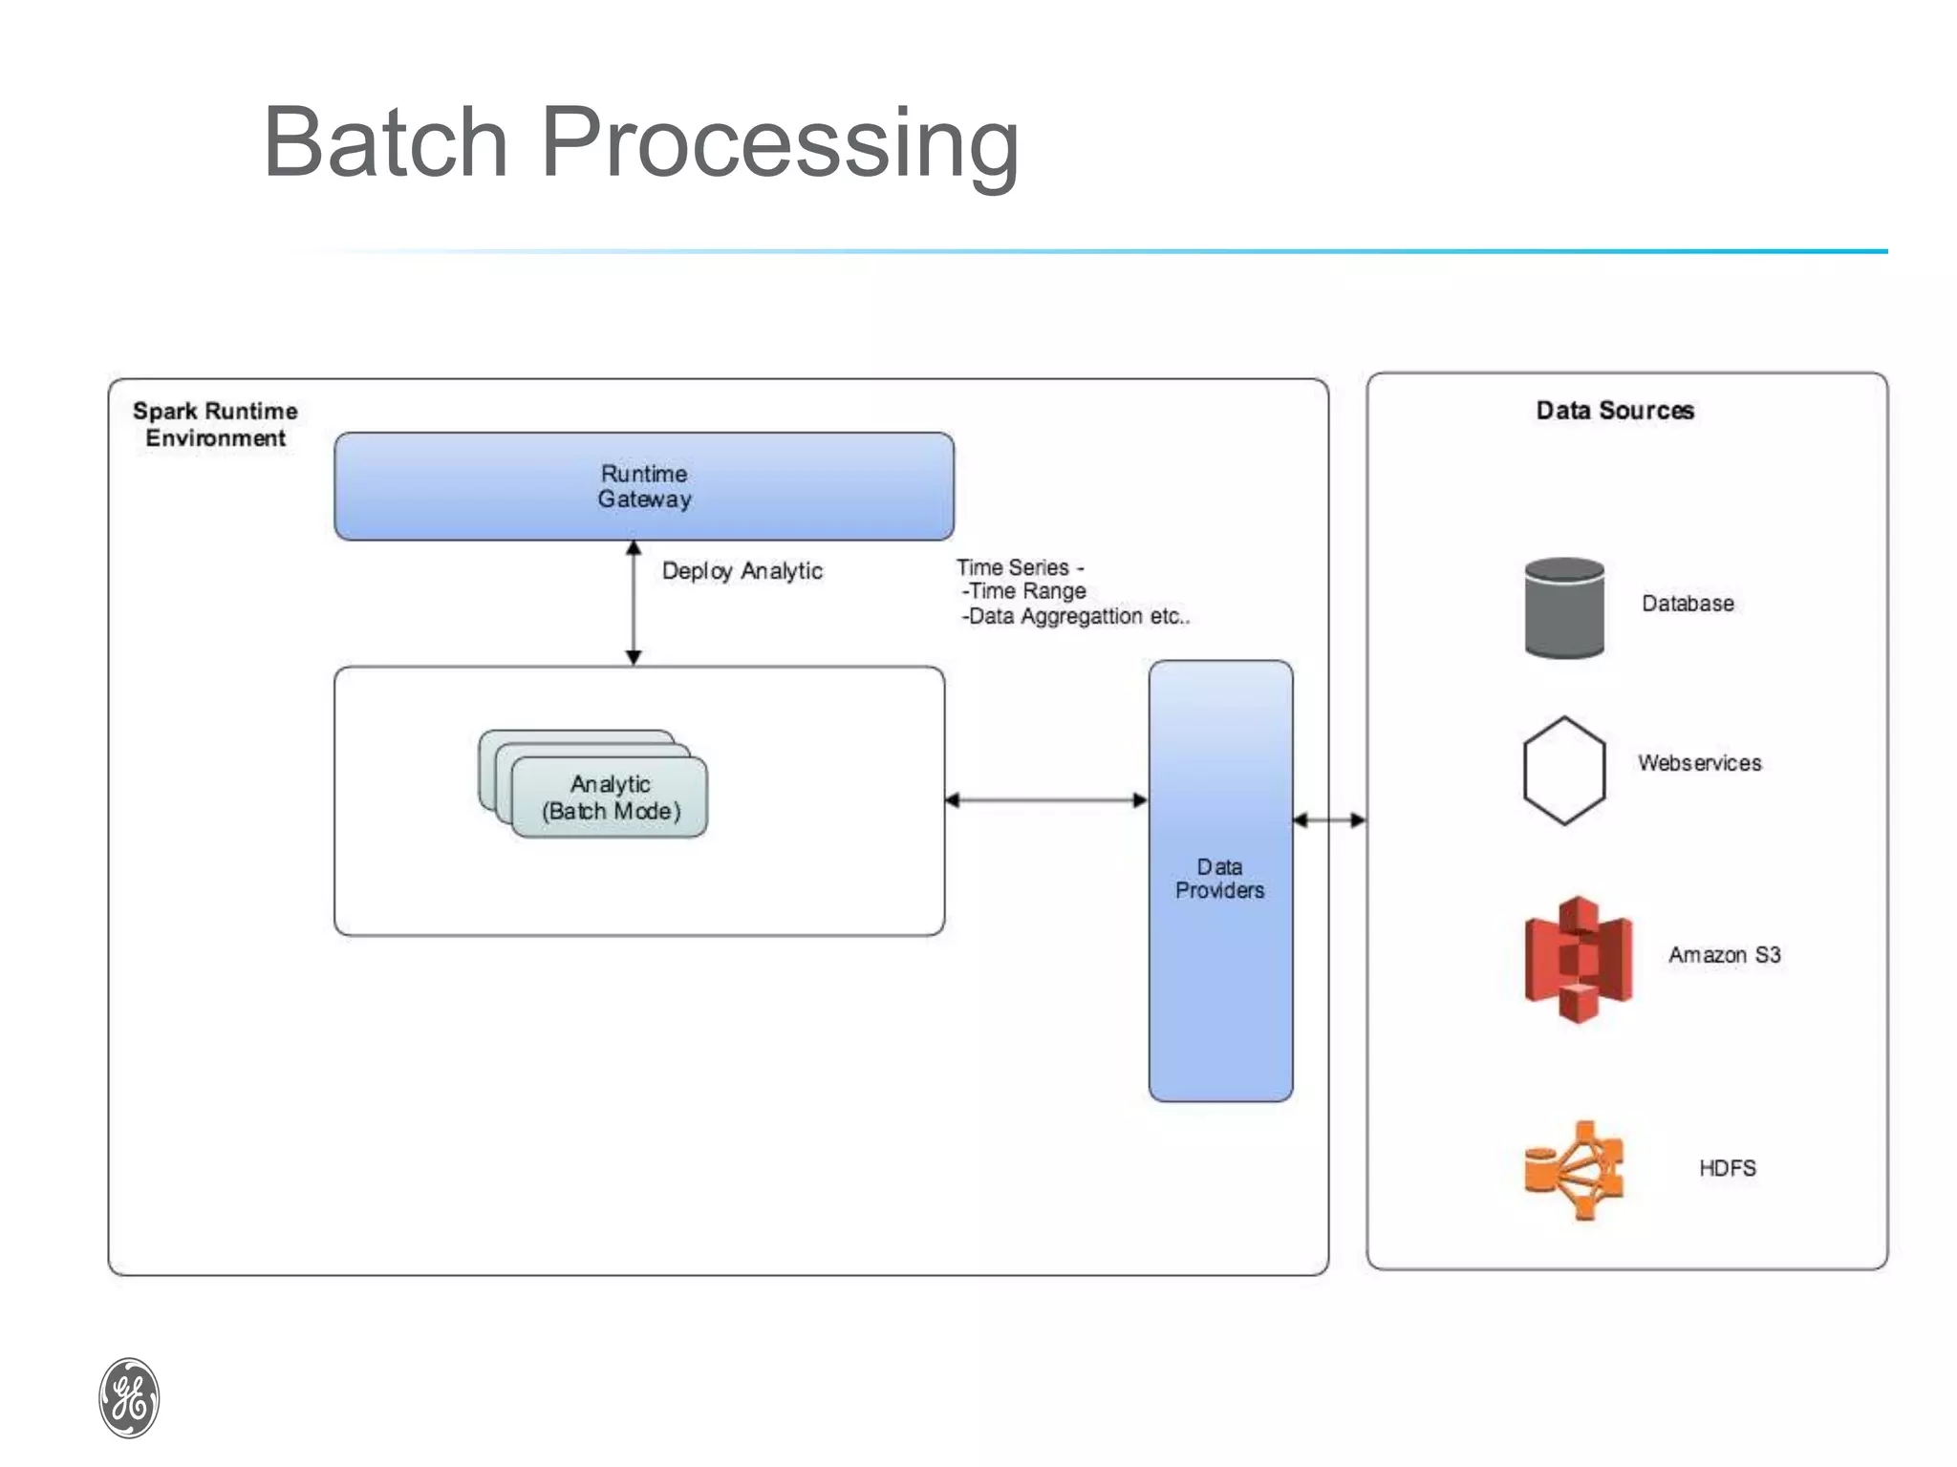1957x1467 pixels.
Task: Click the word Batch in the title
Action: (385, 143)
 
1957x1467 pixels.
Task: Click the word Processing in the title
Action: (780, 143)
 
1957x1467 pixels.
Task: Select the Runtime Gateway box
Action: (643, 486)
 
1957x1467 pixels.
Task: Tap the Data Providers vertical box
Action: (1220, 879)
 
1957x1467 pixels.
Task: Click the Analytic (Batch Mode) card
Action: (611, 797)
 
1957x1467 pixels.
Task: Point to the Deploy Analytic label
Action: (742, 571)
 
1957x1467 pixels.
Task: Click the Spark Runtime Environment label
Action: (215, 424)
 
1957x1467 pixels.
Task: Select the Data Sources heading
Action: (1615, 411)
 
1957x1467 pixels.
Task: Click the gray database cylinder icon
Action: (1564, 607)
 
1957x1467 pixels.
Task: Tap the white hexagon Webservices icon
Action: (1564, 770)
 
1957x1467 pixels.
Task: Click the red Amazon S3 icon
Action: (1578, 959)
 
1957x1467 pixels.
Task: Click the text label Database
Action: (1688, 604)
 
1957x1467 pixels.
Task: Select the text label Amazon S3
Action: (1724, 955)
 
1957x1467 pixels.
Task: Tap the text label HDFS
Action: (1727, 1168)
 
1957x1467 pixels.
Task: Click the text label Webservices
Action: (1699, 763)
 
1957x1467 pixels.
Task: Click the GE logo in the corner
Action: (129, 1397)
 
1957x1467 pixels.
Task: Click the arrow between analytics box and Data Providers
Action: (1046, 800)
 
